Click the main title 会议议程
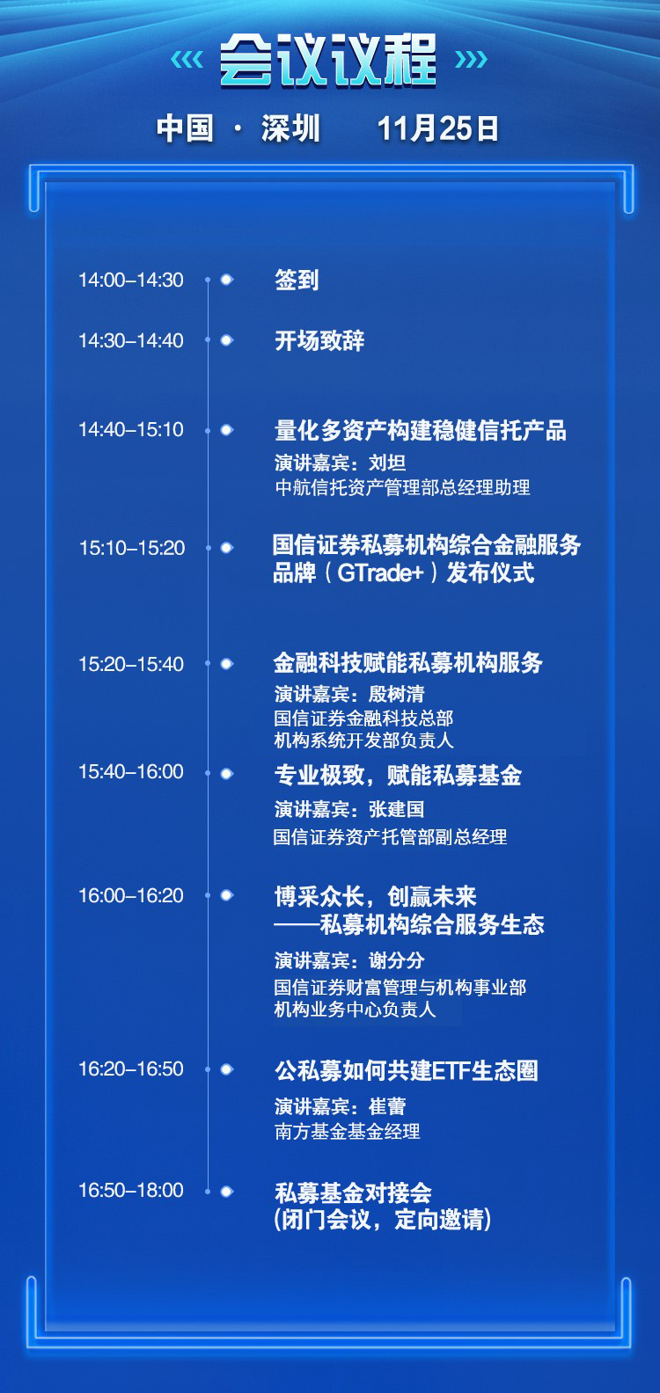(x=328, y=61)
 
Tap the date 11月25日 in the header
(x=438, y=128)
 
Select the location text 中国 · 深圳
(x=238, y=128)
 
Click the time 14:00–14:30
(x=130, y=280)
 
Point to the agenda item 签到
(x=297, y=280)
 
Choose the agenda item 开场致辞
(x=319, y=341)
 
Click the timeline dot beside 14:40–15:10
(x=226, y=430)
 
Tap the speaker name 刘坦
(x=387, y=463)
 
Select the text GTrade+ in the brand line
(x=380, y=573)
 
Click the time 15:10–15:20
(x=132, y=548)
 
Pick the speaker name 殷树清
(x=396, y=693)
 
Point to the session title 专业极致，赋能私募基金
(x=398, y=775)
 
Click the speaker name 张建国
(x=396, y=809)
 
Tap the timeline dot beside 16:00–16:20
(x=226, y=895)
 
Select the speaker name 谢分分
(x=396, y=961)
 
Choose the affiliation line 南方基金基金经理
(x=347, y=1131)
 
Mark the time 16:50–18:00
(x=130, y=1190)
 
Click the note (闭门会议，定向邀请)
(x=383, y=1220)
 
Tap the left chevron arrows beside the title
(x=187, y=61)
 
